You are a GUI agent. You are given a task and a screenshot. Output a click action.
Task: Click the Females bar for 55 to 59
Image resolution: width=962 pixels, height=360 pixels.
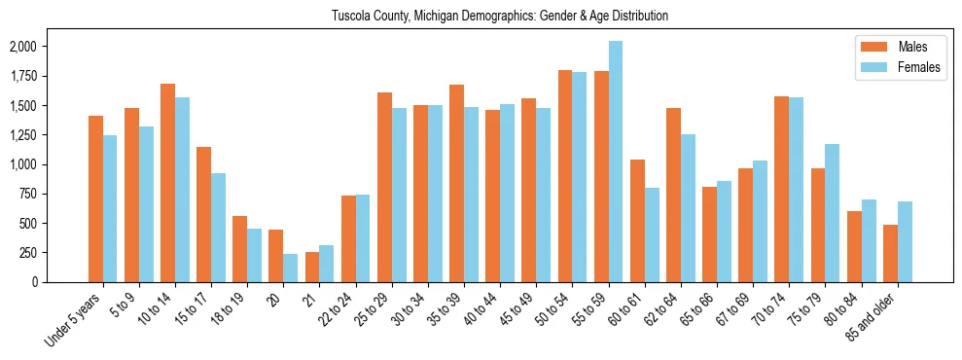pyautogui.click(x=616, y=162)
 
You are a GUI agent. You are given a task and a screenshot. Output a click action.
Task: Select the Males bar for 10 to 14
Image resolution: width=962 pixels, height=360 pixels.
pyautogui.click(x=167, y=183)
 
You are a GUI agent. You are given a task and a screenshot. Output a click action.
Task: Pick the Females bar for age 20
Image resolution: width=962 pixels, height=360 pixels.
pyautogui.click(x=291, y=268)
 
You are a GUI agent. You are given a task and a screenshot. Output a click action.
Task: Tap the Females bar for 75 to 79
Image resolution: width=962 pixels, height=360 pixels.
pyautogui.click(x=833, y=213)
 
